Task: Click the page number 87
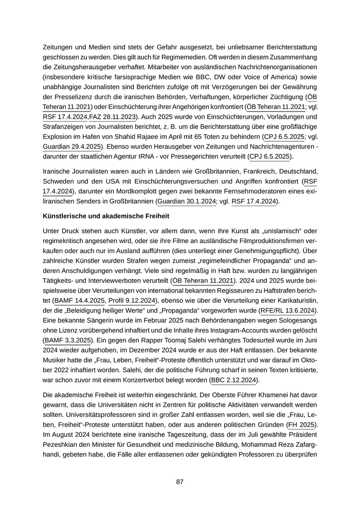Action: (180, 482)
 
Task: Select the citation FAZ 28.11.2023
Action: (112, 117)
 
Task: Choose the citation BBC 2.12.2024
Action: (235, 380)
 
